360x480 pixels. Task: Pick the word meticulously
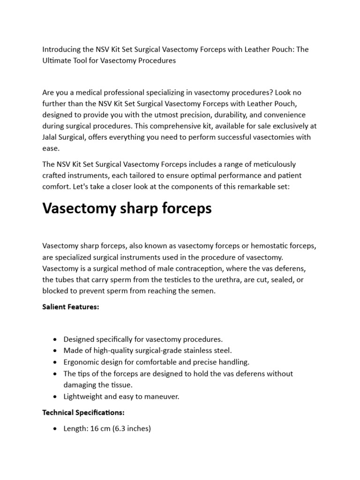[273, 164]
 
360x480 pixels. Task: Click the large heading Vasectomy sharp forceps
[127, 209]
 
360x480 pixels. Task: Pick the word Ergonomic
[82, 362]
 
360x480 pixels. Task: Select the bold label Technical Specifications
[83, 413]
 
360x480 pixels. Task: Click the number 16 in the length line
[93, 428]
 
